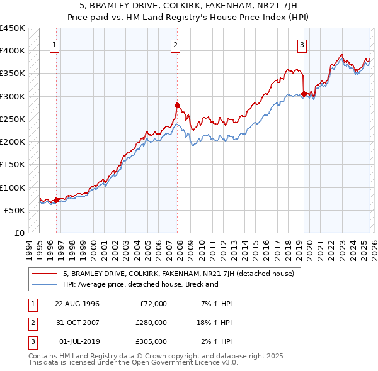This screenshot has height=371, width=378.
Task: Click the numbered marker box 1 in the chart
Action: [55, 45]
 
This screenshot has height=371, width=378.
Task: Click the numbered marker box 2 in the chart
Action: [175, 45]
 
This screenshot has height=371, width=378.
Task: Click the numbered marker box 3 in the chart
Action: [302, 45]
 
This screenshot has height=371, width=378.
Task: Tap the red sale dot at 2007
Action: [177, 105]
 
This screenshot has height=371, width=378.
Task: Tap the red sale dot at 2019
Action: [304, 94]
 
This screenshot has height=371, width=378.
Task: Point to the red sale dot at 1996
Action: [56, 200]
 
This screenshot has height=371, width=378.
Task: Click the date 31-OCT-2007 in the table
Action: [77, 323]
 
